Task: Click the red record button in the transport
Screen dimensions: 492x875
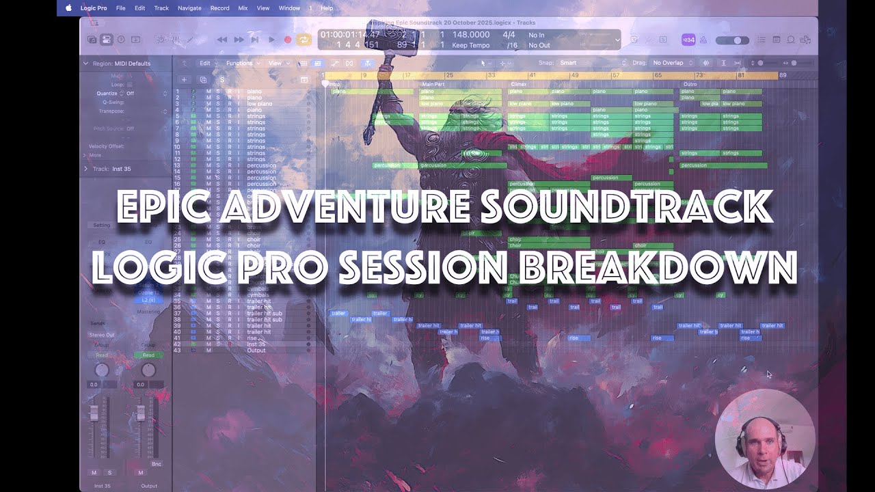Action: tap(288, 40)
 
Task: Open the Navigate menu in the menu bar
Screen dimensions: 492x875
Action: tap(189, 8)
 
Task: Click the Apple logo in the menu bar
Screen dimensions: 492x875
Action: tap(68, 8)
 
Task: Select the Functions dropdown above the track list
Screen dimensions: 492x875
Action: tap(240, 63)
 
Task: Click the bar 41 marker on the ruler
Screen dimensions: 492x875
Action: tap(532, 75)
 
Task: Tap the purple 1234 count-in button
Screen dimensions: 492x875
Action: tap(688, 40)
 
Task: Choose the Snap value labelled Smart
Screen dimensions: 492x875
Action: tap(568, 63)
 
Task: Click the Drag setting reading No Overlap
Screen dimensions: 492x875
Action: tap(668, 63)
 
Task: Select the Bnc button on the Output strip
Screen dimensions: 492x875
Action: tap(157, 464)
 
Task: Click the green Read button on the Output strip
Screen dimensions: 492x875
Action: tap(148, 355)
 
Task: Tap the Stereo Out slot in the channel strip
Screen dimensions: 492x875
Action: tap(102, 335)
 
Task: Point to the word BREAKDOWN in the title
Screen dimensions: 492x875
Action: tap(659, 267)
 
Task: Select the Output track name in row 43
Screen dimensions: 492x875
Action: tap(256, 351)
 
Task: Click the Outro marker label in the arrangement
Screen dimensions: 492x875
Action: tap(690, 84)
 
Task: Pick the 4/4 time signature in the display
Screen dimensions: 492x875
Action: tap(509, 35)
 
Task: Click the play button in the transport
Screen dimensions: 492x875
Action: tap(271, 40)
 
